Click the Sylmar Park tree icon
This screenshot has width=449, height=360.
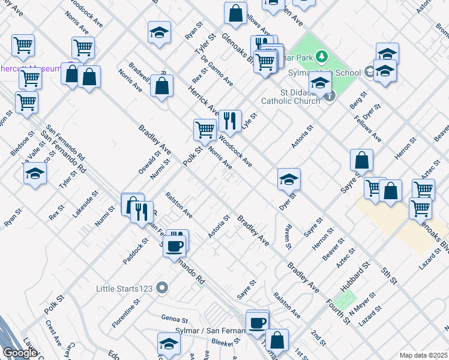(321, 56)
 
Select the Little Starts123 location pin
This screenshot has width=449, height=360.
(161, 289)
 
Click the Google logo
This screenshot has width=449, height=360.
(20, 353)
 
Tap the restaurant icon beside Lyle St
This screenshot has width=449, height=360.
(229, 121)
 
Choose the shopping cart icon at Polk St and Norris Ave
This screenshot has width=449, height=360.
(205, 130)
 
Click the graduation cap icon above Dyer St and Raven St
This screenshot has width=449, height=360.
(289, 179)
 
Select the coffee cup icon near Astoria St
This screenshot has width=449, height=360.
(175, 246)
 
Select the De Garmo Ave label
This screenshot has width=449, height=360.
(217, 71)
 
